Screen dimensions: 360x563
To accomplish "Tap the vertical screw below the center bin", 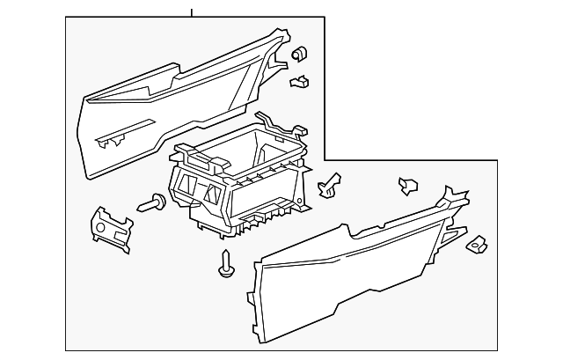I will (x=227, y=263).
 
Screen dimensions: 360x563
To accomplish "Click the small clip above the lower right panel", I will (x=408, y=185).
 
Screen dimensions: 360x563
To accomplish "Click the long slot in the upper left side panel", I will (x=114, y=139).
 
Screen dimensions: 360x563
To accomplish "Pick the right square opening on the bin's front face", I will (x=214, y=193).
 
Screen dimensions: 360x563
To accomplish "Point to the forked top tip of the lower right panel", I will (x=454, y=195).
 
